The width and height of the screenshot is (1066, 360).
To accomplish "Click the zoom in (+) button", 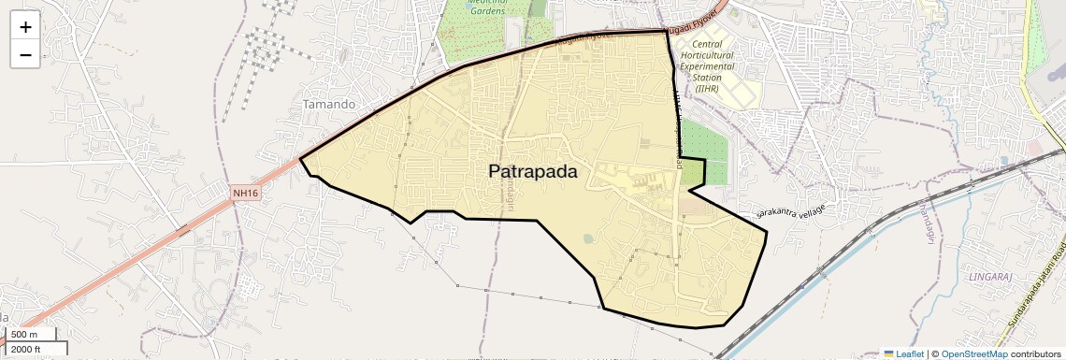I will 25,26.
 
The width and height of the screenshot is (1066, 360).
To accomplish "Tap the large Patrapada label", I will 532,172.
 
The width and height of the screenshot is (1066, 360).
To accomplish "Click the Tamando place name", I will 328,104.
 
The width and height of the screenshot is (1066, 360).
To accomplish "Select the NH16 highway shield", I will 245,193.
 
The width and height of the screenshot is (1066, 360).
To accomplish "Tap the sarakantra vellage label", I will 791,211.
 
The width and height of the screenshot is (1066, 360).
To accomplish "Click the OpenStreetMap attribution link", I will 973,353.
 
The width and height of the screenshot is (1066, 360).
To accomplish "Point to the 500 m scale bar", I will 32,334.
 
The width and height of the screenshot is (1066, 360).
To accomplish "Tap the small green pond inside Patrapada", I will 587,238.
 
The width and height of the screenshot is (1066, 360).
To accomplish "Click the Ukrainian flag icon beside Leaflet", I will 889,353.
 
